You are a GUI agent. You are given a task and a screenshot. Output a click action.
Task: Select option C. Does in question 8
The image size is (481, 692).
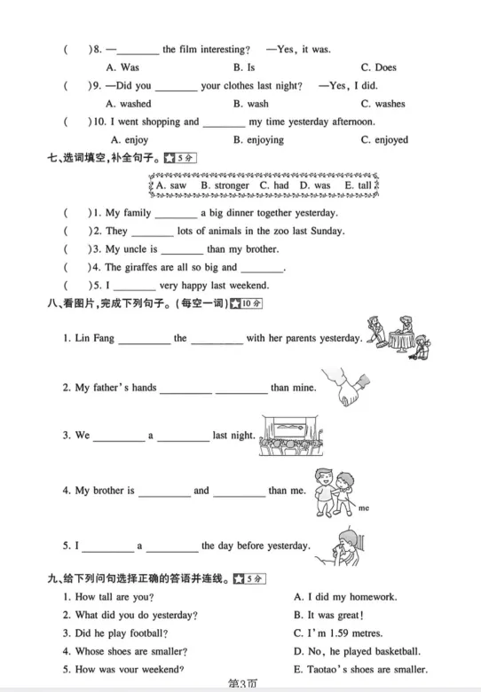click(378, 67)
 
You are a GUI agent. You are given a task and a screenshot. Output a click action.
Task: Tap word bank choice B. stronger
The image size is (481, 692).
click(225, 186)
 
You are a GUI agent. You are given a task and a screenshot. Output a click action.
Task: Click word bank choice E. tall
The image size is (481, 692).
click(357, 186)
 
